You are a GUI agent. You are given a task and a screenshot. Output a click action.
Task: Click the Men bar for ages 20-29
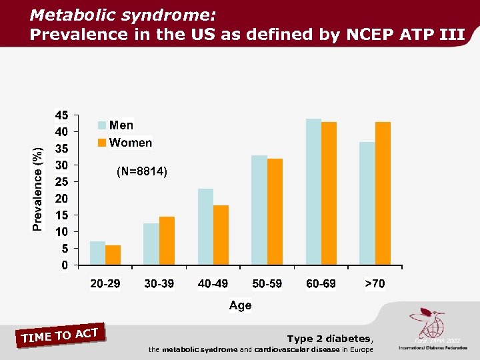point(97,253)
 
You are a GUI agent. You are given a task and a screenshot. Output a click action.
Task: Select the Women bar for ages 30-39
point(167,241)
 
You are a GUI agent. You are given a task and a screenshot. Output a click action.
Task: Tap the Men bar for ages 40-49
point(205,227)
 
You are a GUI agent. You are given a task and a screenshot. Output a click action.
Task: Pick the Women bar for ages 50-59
point(275,212)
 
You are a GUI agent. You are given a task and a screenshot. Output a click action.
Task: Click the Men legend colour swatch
point(102,125)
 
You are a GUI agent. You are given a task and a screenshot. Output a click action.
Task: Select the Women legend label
point(131,143)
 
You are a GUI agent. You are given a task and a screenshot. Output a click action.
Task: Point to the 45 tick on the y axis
point(61,115)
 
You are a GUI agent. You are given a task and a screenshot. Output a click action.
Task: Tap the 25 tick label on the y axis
point(61,181)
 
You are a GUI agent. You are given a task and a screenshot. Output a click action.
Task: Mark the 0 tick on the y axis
point(64,265)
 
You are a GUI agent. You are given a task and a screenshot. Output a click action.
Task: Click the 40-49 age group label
point(213,284)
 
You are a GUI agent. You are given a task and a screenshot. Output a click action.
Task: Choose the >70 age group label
point(375,284)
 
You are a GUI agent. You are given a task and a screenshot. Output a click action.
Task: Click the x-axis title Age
point(240,305)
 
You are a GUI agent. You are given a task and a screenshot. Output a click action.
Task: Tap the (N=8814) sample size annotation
point(142,172)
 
